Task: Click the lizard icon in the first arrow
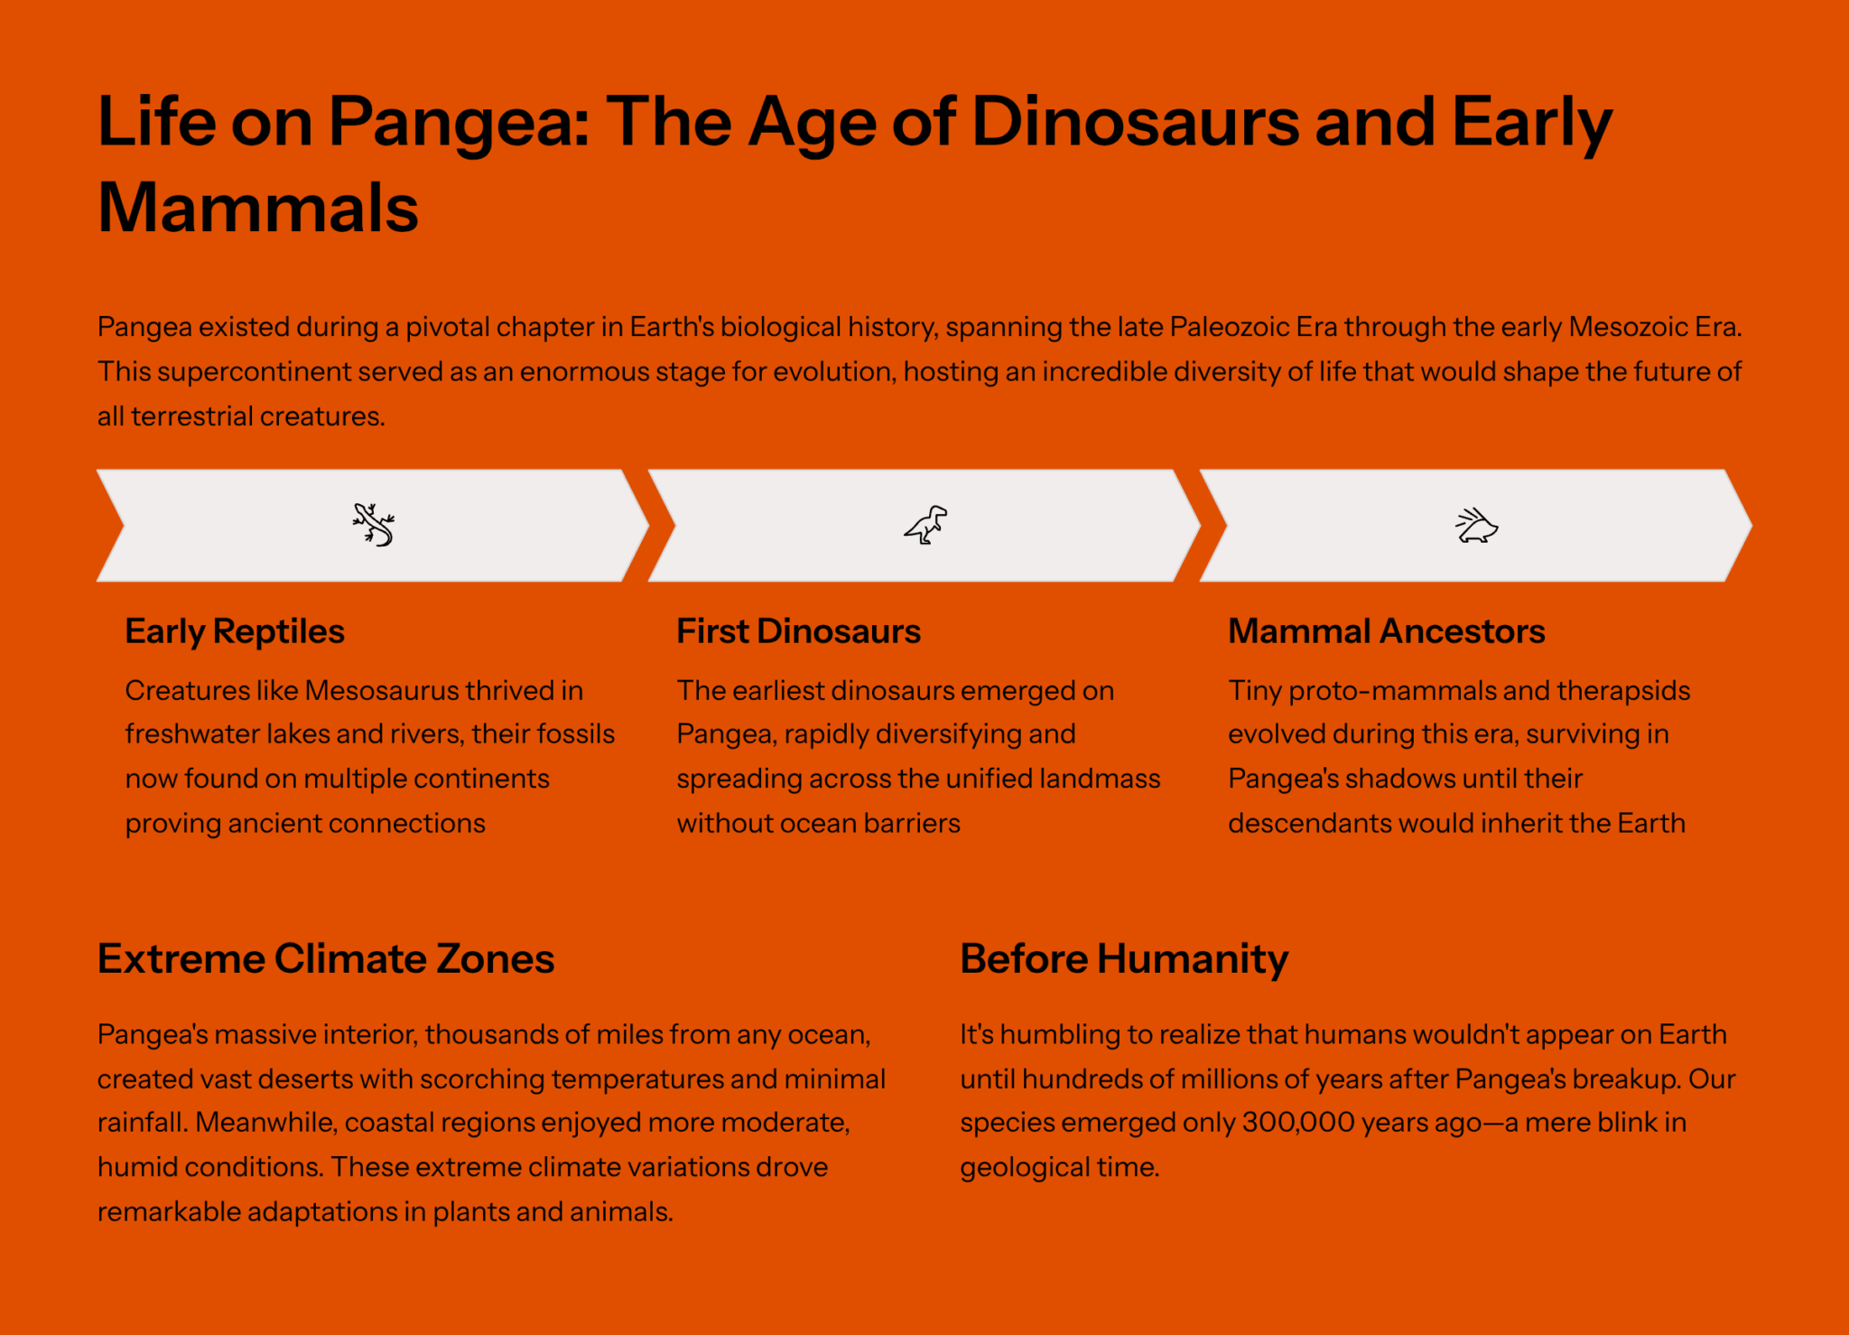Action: point(373,525)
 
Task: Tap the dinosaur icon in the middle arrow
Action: point(926,525)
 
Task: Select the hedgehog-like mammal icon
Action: point(1477,526)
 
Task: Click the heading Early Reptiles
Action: point(235,631)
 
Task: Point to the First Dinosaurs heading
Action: point(798,631)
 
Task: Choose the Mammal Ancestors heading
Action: point(1386,631)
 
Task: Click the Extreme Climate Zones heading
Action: point(326,958)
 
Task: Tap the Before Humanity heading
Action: point(1124,958)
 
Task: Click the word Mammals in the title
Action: point(258,208)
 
